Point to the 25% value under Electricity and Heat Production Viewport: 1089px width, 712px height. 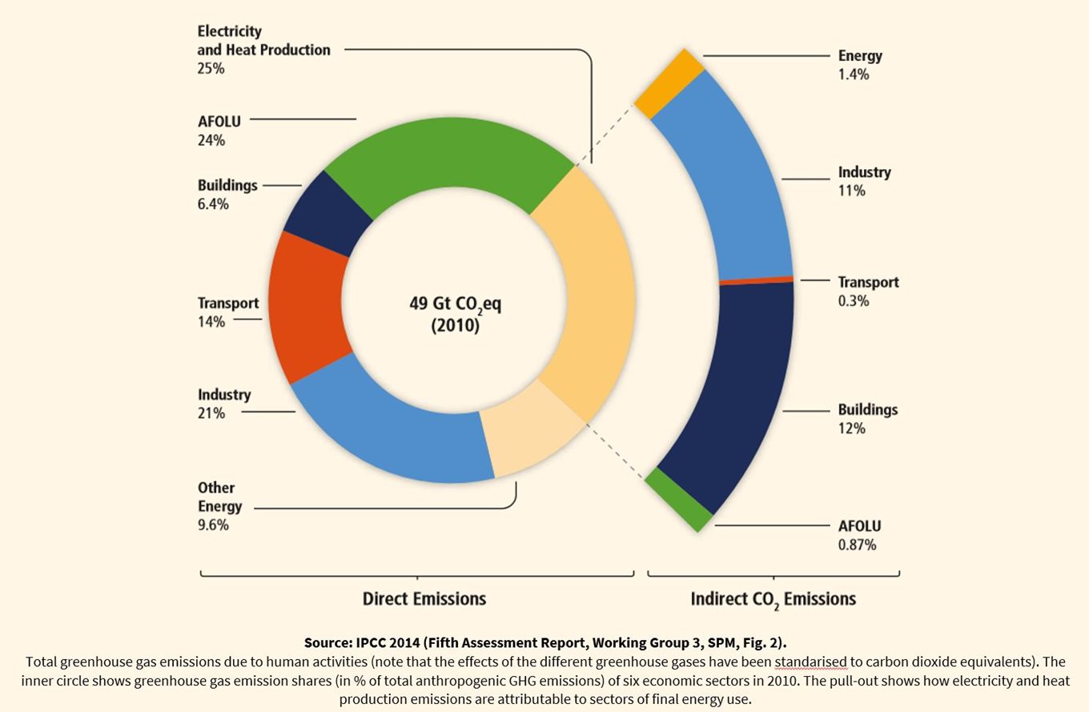(211, 69)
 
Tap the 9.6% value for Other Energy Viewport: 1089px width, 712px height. (214, 525)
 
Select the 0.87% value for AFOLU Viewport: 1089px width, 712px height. (857, 545)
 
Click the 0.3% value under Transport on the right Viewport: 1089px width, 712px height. (854, 301)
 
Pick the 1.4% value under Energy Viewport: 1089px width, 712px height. (854, 74)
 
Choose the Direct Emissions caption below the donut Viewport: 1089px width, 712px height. (424, 599)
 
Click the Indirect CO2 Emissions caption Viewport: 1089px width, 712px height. (773, 599)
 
